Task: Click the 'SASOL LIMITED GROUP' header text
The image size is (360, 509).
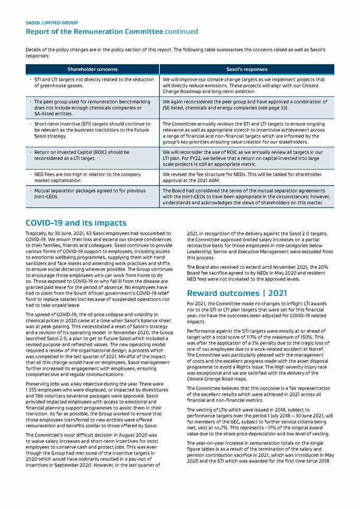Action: pyautogui.click(x=52, y=23)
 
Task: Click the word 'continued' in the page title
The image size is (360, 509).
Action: pyautogui.click(x=182, y=32)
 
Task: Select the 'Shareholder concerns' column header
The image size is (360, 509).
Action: pyautogui.click(x=93, y=69)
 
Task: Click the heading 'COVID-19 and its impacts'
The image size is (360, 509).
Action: pyautogui.click(x=76, y=223)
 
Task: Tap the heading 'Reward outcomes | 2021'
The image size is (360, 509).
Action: pyautogui.click(x=231, y=293)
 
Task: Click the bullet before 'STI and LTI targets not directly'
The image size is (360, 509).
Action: pyautogui.click(x=31, y=79)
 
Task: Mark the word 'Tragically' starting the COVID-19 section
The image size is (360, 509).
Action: pyautogui.click(x=36, y=233)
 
